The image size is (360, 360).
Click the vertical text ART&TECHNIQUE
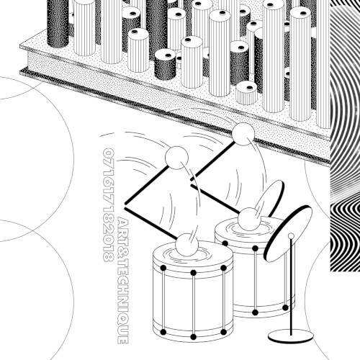click(x=123, y=280)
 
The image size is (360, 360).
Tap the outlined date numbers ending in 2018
click(x=108, y=205)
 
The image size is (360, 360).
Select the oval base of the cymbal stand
click(x=291, y=336)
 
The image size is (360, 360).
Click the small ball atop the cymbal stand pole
click(x=291, y=235)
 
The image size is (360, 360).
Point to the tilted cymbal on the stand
click(x=288, y=233)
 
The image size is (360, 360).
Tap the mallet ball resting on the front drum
click(x=187, y=245)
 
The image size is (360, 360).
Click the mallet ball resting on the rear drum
click(x=249, y=220)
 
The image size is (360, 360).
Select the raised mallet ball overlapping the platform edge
click(x=243, y=134)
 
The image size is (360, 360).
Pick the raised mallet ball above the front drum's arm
click(x=176, y=158)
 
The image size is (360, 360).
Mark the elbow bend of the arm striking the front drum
click(x=125, y=204)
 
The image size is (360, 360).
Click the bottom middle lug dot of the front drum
click(x=194, y=337)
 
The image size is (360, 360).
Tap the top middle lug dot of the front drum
click(x=194, y=273)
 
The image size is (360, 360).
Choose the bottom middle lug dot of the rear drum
click(x=255, y=312)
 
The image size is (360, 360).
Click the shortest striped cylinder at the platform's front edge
click(x=246, y=93)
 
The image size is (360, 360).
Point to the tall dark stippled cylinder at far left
click(x=58, y=24)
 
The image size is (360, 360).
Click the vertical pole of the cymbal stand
click(x=291, y=287)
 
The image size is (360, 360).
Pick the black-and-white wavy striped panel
click(x=345, y=135)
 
